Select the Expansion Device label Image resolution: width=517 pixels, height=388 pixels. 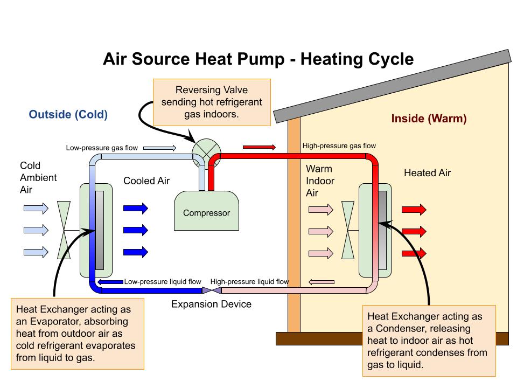[x=211, y=304]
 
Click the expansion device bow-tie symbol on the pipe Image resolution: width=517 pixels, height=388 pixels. [x=210, y=290]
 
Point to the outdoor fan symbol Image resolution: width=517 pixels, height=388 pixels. [x=64, y=230]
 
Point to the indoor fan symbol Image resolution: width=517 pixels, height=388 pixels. [x=348, y=231]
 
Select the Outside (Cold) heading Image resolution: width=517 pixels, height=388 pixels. [x=68, y=114]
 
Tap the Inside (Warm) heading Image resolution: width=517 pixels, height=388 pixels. [x=429, y=119]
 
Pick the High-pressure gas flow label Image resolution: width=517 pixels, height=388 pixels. [x=339, y=146]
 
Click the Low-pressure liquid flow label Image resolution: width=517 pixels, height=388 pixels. [x=163, y=281]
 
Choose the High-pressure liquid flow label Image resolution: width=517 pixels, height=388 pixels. [x=249, y=281]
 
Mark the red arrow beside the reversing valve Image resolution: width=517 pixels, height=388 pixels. [x=260, y=147]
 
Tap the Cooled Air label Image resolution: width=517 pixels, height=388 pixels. [x=146, y=181]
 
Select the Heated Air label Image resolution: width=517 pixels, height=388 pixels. [x=427, y=173]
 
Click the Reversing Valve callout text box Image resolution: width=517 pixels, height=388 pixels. [x=212, y=103]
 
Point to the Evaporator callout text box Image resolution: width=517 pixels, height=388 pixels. [x=77, y=334]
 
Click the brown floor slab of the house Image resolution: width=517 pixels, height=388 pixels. [x=392, y=338]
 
